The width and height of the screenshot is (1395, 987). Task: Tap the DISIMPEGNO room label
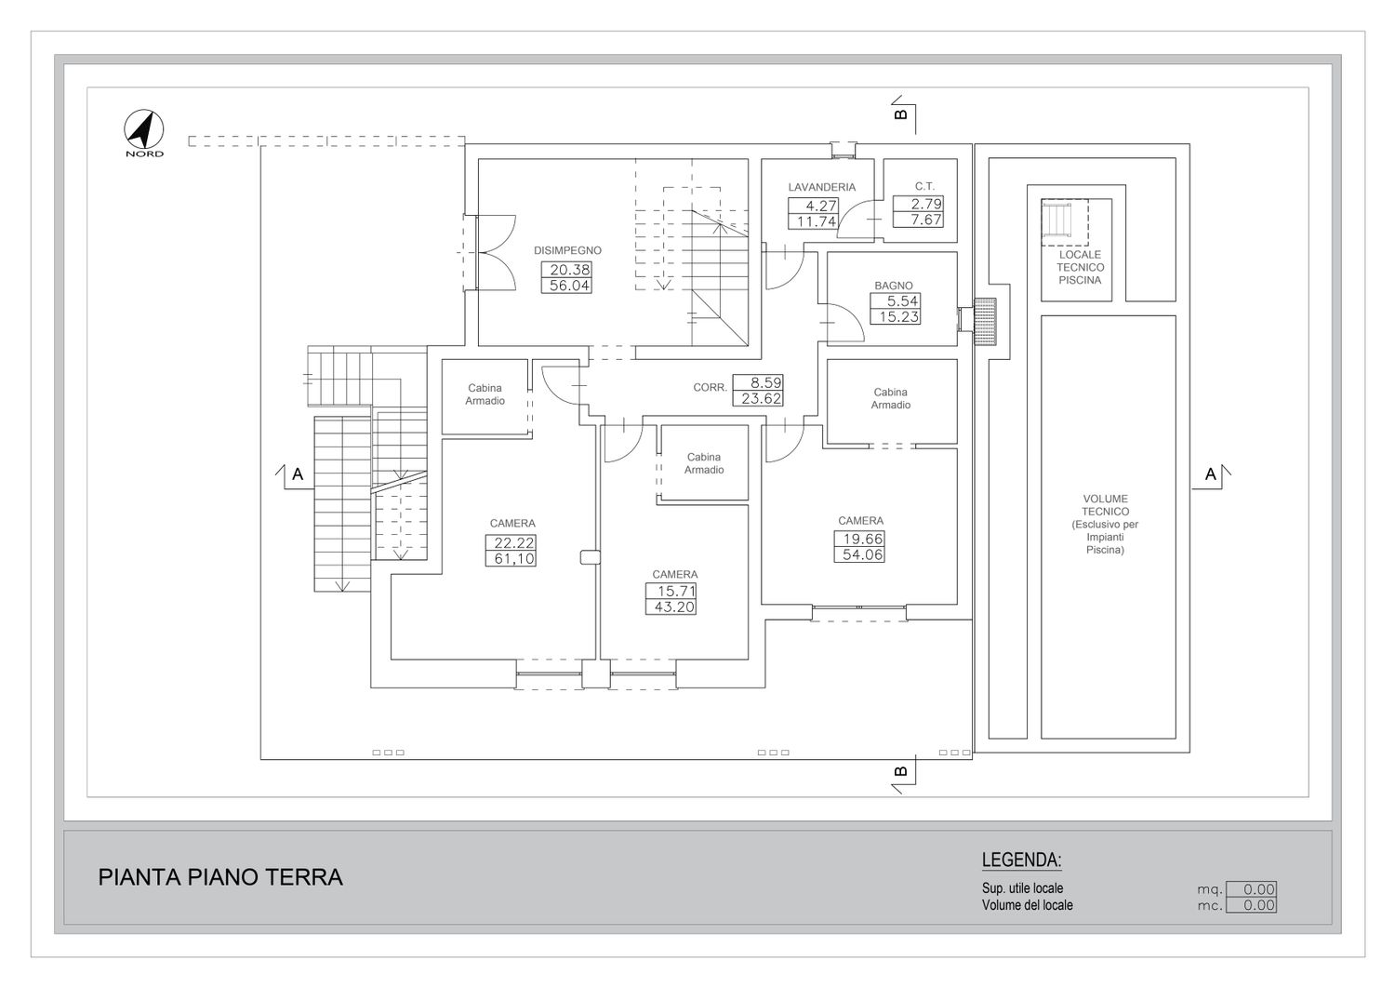click(567, 250)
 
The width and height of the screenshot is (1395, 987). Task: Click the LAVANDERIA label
click(821, 187)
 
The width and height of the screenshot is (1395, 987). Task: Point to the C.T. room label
click(924, 186)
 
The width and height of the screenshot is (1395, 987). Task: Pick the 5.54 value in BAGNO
click(902, 301)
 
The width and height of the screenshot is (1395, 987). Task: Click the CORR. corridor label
click(710, 388)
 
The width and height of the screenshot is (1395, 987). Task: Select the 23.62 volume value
click(761, 399)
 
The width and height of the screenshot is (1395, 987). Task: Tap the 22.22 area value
click(514, 542)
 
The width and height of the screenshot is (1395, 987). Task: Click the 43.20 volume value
click(674, 607)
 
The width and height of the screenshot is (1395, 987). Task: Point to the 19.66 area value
click(862, 539)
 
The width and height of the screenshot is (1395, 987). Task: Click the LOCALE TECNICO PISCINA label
click(1080, 267)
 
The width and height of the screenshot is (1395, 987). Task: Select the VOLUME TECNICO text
click(1105, 505)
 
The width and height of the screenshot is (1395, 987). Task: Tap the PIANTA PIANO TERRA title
click(220, 877)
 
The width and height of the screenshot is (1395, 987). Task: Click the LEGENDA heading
click(1021, 860)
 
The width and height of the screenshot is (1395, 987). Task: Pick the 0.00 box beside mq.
click(1251, 889)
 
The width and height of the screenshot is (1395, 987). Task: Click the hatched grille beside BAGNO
click(985, 322)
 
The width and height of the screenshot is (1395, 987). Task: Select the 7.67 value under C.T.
click(926, 220)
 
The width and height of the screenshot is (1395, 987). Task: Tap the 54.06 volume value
click(862, 554)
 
